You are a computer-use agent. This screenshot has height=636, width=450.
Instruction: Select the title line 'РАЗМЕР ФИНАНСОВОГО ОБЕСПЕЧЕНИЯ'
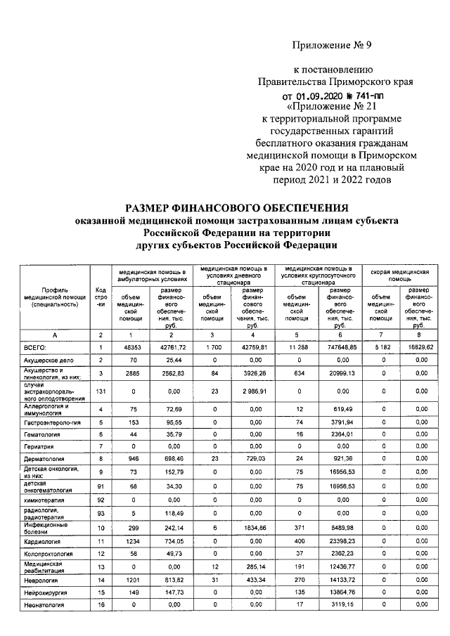tap(236, 208)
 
